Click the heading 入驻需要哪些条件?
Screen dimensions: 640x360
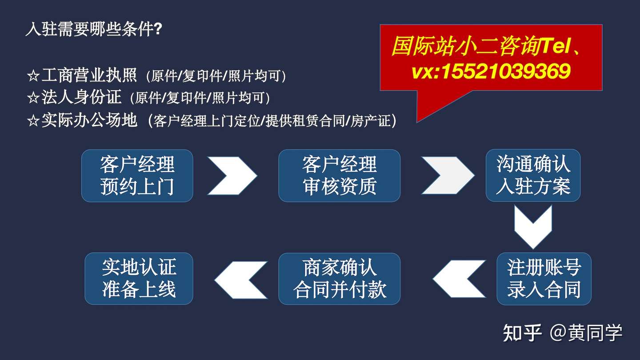click(94, 29)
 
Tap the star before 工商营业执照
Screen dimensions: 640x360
click(33, 76)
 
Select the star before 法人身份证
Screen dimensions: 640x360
click(33, 98)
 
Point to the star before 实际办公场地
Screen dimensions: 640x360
click(33, 120)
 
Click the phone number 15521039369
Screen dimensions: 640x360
click(506, 71)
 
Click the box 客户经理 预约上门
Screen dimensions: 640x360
click(137, 176)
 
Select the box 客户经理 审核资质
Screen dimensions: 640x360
click(340, 176)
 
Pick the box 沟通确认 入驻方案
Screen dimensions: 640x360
click(533, 175)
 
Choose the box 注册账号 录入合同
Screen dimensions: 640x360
click(544, 279)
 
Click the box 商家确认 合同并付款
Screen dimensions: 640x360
click(340, 279)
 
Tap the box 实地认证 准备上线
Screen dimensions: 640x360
click(139, 279)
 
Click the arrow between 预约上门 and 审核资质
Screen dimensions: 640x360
click(232, 176)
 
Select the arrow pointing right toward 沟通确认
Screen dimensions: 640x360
click(448, 175)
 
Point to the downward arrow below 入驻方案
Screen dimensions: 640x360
click(533, 227)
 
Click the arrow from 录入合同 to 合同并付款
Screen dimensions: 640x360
click(459, 279)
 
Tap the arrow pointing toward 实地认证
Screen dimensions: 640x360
click(241, 280)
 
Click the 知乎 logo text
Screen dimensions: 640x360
click(522, 332)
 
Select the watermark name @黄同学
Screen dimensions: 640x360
click(586, 332)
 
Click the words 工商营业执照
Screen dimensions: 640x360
click(89, 75)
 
